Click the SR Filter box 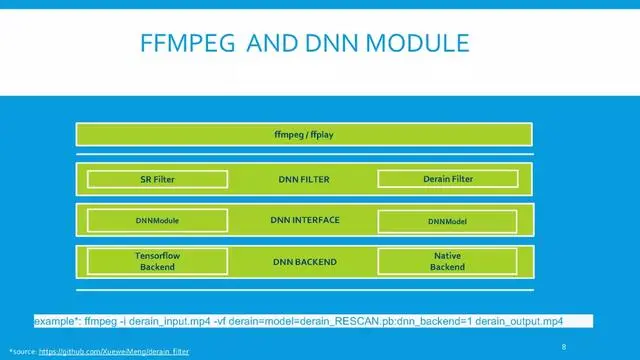click(x=159, y=179)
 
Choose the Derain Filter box click(x=448, y=179)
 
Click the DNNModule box click(x=159, y=220)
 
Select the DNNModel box click(x=448, y=220)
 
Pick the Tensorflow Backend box click(x=159, y=262)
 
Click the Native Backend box click(x=448, y=262)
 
